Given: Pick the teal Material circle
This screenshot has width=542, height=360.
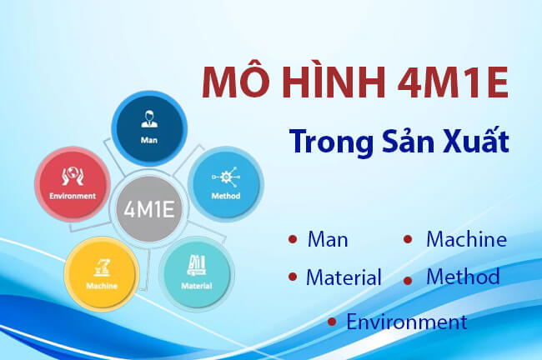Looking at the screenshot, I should click(x=197, y=272).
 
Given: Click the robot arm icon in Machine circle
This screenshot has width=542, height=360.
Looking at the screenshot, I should click(x=101, y=266).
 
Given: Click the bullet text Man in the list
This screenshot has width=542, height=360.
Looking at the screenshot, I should click(x=328, y=240).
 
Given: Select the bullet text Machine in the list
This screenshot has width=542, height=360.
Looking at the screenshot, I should click(x=466, y=240).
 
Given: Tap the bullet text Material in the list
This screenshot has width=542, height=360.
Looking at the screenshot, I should click(x=344, y=277).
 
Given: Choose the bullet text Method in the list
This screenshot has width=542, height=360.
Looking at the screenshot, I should click(x=463, y=277).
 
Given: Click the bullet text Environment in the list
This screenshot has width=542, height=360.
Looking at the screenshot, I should click(x=406, y=322).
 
